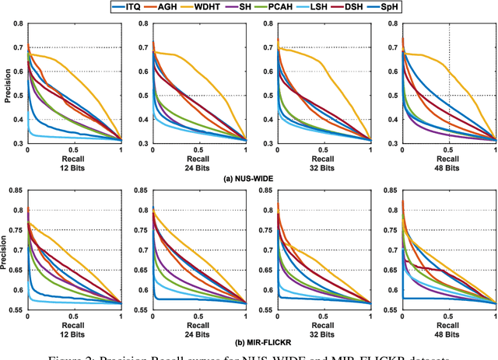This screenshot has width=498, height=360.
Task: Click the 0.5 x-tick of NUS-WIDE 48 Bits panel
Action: (449, 149)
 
